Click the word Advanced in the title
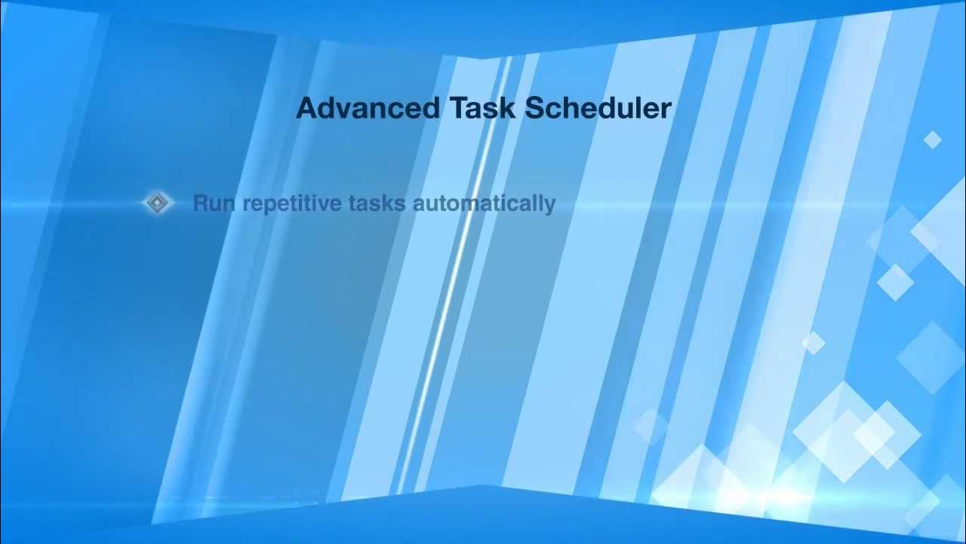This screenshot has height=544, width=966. click(368, 108)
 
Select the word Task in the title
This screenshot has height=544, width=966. click(483, 108)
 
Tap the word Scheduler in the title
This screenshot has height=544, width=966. click(598, 108)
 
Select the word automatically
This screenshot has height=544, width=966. click(485, 204)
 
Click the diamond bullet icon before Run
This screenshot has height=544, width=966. click(158, 203)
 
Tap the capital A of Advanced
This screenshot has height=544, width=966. click(307, 108)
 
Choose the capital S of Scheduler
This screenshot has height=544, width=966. click(535, 108)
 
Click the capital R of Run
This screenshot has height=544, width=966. click(201, 203)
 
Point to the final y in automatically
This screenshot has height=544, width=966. click(550, 206)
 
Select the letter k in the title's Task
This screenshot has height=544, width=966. click(509, 108)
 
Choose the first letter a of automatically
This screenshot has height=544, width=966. click(420, 205)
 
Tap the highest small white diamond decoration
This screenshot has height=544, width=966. click(933, 140)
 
